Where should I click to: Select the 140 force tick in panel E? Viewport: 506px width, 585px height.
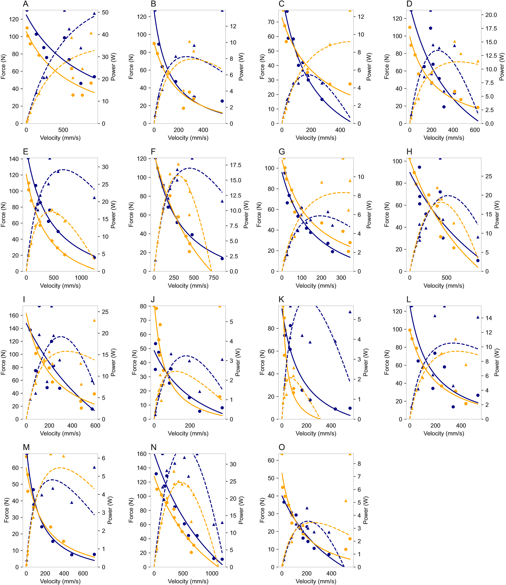point(14,159)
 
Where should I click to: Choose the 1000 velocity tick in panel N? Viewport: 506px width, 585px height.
point(212,573)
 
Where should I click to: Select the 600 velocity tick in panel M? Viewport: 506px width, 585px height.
point(83,573)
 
